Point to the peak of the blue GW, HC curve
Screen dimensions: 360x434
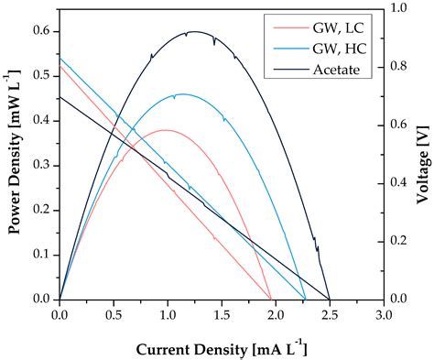pyautogui.click(x=181, y=94)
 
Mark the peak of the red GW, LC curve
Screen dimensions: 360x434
pyautogui.click(x=166, y=130)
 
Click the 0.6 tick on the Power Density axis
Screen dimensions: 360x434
pyautogui.click(x=42, y=32)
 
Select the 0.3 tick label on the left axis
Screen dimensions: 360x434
pyautogui.click(x=42, y=166)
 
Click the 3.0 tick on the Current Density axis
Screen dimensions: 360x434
pyautogui.click(x=384, y=316)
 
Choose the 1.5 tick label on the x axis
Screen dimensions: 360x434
pyautogui.click(x=222, y=316)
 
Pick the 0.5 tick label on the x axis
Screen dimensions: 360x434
pyautogui.click(x=114, y=316)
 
